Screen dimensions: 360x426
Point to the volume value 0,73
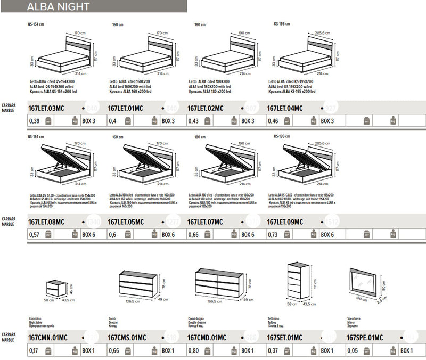[x=272, y=235]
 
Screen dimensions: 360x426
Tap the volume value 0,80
[x=194, y=350]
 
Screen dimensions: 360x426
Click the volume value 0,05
[x=352, y=350]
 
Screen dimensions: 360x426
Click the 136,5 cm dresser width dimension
[x=131, y=301]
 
